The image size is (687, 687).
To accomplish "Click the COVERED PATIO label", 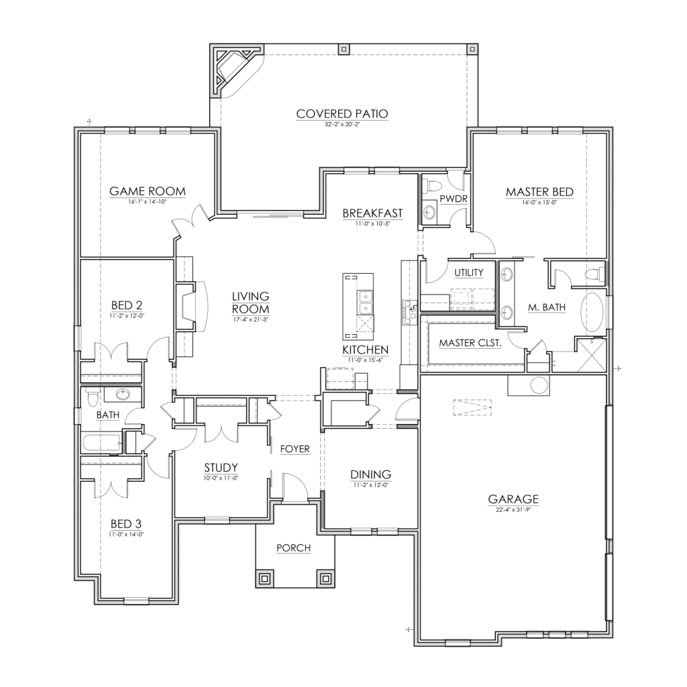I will tap(342, 113).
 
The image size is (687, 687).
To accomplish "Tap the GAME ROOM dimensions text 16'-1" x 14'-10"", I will tap(148, 201).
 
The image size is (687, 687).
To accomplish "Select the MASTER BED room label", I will tap(539, 193).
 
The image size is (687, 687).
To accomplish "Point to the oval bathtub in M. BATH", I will tap(592, 311).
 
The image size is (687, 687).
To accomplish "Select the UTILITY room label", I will tap(469, 272).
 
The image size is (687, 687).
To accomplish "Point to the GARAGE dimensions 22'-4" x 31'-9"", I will tap(513, 509).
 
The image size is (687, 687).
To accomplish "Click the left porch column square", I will tap(265, 577).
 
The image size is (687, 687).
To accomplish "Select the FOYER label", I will tap(295, 449).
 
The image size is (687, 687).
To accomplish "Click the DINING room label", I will tap(371, 474).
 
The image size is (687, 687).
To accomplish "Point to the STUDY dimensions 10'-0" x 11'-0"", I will tap(221, 478).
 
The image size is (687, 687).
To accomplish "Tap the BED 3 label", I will tap(125, 523).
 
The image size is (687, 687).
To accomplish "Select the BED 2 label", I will tap(125, 303).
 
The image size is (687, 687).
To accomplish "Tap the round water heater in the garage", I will tap(539, 385).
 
